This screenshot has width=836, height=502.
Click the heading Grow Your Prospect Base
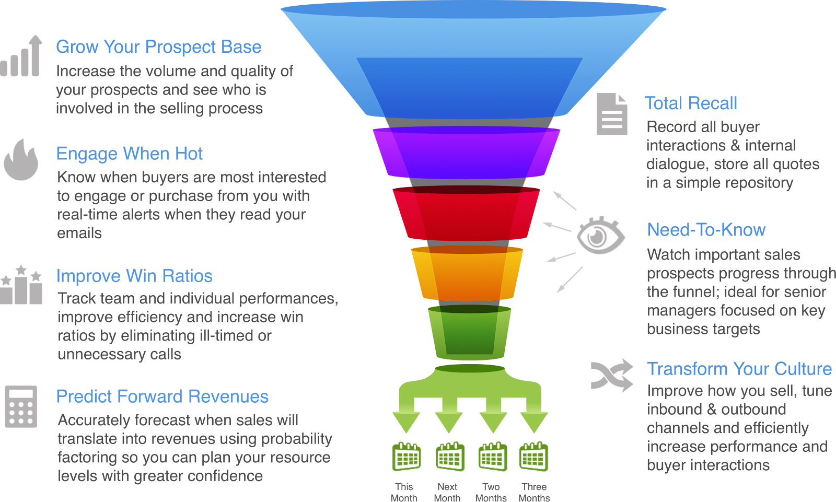tap(158, 47)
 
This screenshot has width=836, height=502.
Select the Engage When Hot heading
tap(129, 154)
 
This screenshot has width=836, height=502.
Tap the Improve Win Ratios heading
tap(134, 276)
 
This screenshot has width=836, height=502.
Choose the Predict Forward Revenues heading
tap(162, 396)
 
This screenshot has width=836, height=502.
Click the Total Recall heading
tap(691, 103)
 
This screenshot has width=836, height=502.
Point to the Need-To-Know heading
tap(706, 230)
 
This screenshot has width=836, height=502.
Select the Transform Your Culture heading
tap(739, 369)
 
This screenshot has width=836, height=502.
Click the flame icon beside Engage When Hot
tap(21, 160)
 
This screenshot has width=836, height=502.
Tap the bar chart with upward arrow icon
tap(21, 56)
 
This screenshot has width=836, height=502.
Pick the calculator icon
tap(21, 406)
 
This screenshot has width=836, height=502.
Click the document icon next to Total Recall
tap(612, 114)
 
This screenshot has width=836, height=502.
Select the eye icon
tap(600, 236)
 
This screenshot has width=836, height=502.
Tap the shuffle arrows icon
tap(611, 375)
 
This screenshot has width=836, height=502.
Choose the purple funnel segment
tap(466, 153)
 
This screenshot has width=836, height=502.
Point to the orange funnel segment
tap(467, 273)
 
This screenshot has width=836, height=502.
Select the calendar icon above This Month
tap(406, 457)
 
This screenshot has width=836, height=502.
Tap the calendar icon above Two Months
tap(492, 457)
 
